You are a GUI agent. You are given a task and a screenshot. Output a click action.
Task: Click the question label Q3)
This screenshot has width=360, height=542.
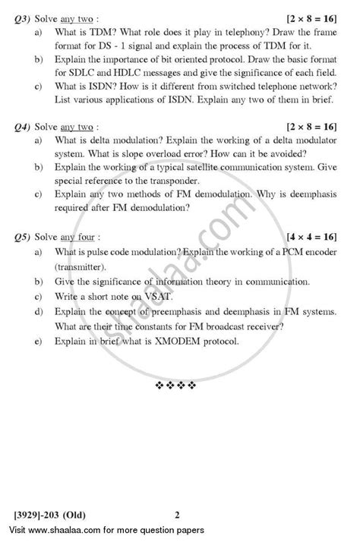pos(33,16)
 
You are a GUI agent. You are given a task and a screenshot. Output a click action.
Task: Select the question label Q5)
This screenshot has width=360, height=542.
pos(33,238)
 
